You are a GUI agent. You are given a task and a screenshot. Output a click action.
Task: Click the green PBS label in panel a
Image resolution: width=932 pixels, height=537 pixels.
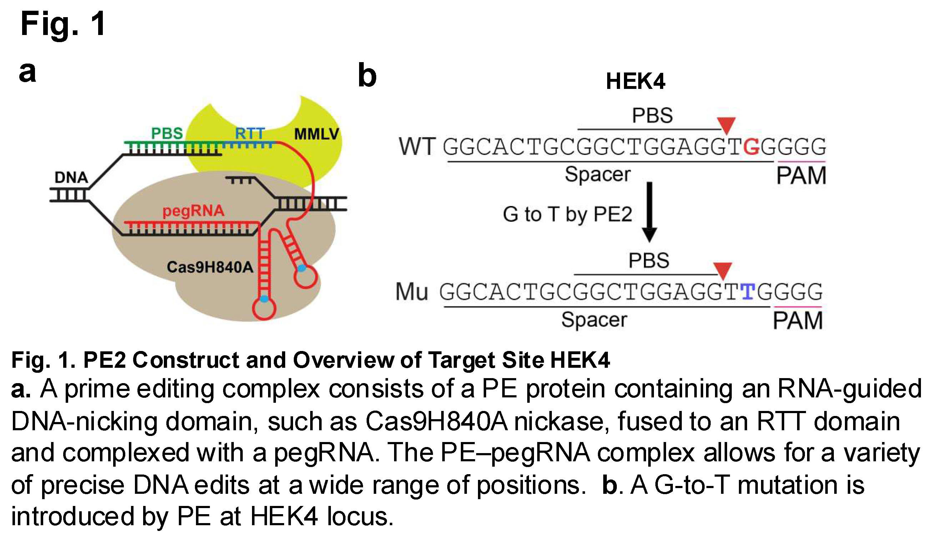167,133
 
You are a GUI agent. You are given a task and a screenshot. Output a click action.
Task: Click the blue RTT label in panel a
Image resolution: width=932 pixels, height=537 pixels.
250,134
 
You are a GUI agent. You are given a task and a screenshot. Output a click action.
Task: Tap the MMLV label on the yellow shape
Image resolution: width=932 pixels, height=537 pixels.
316,134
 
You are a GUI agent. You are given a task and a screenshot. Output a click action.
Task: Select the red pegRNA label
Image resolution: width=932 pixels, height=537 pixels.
193,211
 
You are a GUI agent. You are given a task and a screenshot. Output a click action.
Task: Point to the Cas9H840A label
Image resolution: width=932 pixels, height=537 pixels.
210,267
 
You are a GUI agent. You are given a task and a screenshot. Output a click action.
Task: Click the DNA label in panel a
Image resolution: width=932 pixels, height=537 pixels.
71,177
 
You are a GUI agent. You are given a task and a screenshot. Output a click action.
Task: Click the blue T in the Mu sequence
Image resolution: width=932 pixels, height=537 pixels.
748,292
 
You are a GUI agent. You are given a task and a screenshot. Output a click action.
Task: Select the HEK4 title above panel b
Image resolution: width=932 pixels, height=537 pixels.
635,81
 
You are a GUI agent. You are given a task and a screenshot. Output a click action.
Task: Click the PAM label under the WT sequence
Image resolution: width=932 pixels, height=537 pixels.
801,176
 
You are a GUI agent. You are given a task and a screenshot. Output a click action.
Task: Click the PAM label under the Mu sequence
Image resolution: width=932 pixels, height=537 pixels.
797,321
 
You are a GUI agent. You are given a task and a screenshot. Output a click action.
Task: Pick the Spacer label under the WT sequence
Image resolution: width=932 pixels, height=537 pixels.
598,174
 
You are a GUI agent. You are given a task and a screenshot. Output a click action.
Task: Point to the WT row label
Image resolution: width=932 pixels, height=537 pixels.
417,146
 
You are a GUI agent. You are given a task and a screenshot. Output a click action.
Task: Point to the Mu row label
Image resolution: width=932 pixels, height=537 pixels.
412,292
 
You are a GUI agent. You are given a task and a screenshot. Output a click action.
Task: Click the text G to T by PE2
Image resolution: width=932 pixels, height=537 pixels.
568,214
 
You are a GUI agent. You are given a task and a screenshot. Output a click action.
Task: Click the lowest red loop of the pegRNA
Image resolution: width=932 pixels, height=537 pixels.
264,309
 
